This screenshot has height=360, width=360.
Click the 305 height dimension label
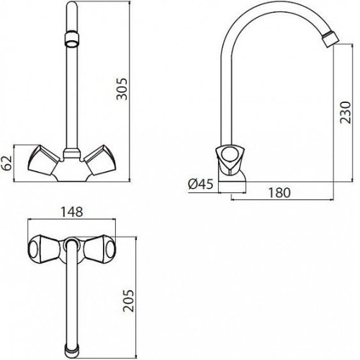(x=122, y=89)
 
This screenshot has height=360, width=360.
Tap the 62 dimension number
(x=6, y=163)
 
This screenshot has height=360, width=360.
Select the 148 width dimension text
(x=72, y=212)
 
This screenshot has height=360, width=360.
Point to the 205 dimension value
(x=128, y=301)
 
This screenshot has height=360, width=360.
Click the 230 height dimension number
(x=346, y=112)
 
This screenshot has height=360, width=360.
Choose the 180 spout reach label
(x=279, y=193)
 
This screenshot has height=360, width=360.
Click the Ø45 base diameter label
(x=201, y=184)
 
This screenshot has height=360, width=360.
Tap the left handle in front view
(x=44, y=160)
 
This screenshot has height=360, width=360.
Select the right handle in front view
(x=100, y=160)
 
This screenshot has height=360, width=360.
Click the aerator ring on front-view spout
(x=72, y=39)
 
